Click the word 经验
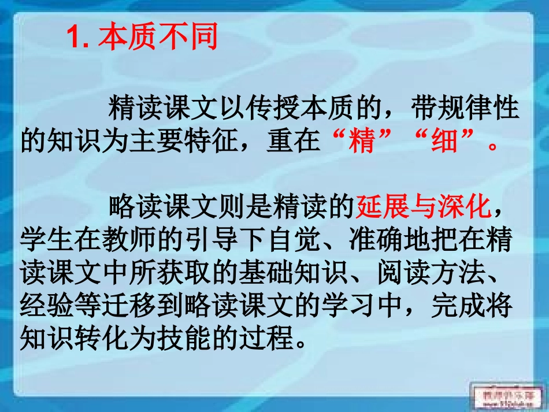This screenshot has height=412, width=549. tap(47, 307)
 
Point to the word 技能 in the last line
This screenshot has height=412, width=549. tap(184, 340)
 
